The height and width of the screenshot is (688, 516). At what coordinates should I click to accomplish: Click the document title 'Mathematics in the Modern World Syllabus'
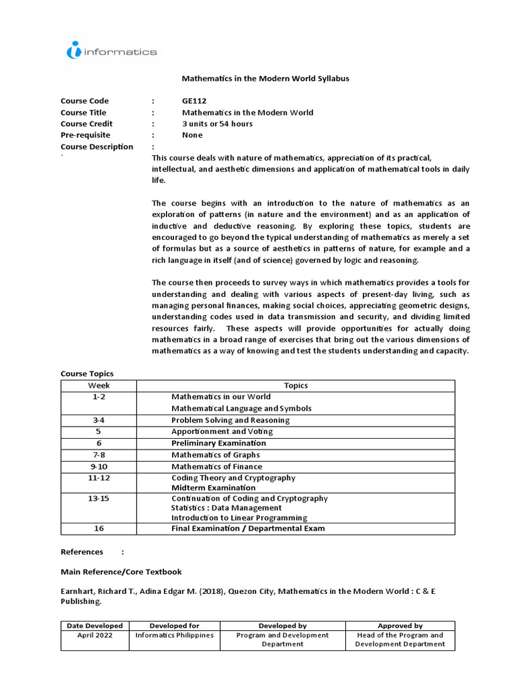click(x=265, y=79)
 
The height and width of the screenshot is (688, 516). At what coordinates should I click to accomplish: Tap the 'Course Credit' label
click(x=87, y=124)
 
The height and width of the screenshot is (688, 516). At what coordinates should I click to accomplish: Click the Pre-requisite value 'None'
click(x=192, y=135)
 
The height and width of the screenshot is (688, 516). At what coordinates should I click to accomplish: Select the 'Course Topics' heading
click(x=87, y=374)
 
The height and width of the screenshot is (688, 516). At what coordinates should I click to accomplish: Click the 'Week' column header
click(x=99, y=386)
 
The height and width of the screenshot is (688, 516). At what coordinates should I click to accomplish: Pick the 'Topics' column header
click(x=296, y=386)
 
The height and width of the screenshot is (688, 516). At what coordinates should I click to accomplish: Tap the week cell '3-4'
click(x=99, y=420)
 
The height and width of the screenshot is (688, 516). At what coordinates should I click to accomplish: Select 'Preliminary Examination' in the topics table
click(x=218, y=443)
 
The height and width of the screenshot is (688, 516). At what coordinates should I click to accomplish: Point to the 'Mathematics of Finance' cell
click(x=216, y=466)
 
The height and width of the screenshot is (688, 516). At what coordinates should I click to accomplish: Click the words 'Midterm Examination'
click(x=213, y=488)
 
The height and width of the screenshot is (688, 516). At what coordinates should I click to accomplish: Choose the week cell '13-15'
click(x=99, y=499)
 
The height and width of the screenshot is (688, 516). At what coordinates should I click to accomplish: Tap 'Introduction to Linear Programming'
click(x=239, y=518)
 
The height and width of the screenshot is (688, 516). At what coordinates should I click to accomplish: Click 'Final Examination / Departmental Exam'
click(x=248, y=529)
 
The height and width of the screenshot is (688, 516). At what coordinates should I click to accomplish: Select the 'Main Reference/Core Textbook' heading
click(x=121, y=572)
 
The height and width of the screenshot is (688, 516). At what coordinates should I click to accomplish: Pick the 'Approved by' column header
click(x=400, y=626)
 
